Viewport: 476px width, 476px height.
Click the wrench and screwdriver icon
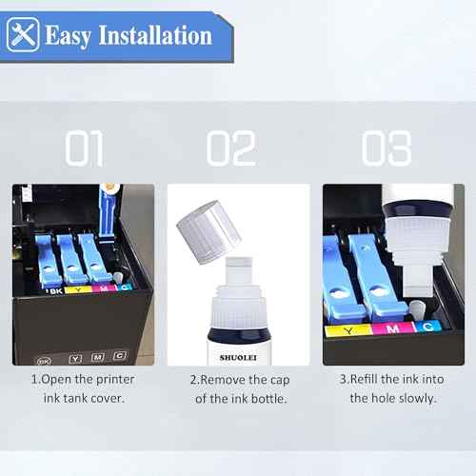click(22, 35)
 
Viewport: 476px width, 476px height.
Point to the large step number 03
click(386, 149)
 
